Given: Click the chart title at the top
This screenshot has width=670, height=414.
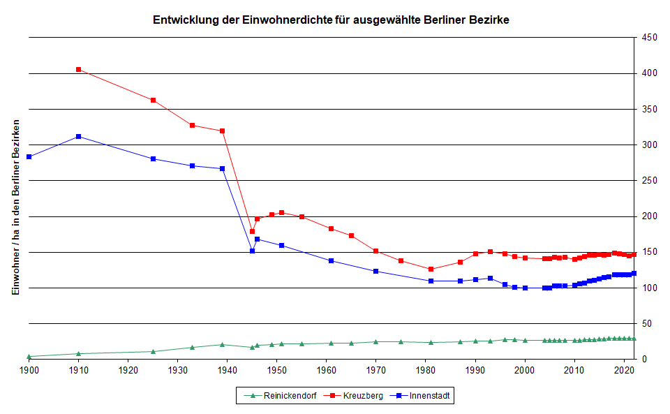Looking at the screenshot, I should tap(331, 20).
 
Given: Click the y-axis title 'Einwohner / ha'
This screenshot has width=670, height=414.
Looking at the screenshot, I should tap(15, 207).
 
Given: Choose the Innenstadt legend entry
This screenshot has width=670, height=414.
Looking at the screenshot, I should tap(426, 396).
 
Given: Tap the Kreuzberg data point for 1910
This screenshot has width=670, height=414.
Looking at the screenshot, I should tap(78, 70).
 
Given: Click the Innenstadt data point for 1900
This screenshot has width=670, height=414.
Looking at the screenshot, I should tap(29, 157).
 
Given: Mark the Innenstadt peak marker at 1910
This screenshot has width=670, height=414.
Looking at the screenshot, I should tap(78, 137).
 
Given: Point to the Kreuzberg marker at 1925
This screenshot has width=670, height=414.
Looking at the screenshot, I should tap(153, 101).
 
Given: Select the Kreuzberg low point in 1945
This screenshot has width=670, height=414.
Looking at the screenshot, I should tap(252, 232).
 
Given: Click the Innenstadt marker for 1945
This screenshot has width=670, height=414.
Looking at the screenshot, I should tap(252, 251).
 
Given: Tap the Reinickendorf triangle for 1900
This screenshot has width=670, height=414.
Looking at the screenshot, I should tap(29, 356).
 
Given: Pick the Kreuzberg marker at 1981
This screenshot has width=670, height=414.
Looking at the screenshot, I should tap(431, 269).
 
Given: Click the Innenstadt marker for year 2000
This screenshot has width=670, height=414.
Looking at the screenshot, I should tap(525, 288).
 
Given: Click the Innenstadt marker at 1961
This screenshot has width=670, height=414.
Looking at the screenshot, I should tap(332, 260).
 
